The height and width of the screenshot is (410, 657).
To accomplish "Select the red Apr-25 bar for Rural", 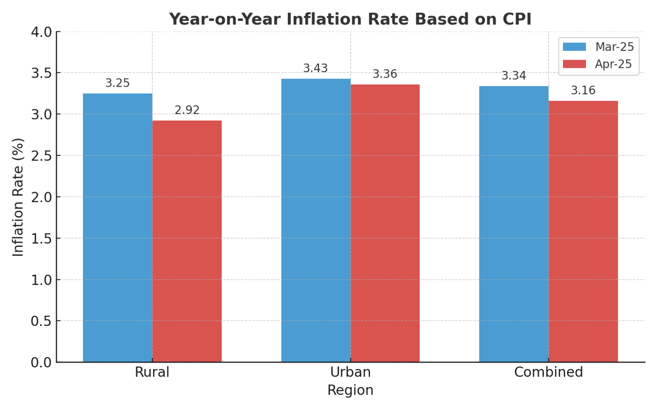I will (x=187, y=241).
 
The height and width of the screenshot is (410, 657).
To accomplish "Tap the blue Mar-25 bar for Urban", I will (x=316, y=220).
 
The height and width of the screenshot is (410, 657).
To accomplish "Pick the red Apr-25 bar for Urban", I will (x=385, y=223).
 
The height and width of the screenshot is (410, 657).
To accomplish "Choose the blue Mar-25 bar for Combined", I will (x=514, y=224).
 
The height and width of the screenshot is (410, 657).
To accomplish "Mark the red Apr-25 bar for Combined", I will (x=583, y=231).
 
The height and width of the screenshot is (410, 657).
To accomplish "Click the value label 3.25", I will (x=118, y=83).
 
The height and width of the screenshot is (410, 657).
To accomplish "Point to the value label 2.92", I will (x=187, y=110).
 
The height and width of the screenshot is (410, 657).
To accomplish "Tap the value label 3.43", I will (x=316, y=68).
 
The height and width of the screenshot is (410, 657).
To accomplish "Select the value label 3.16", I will (x=583, y=91).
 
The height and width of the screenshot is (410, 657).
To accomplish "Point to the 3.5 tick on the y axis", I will (x=41, y=73).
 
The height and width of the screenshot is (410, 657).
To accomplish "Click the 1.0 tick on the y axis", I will (x=41, y=280).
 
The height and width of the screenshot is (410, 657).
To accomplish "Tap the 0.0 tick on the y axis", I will (x=41, y=363).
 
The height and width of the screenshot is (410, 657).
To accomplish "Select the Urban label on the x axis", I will (x=350, y=372).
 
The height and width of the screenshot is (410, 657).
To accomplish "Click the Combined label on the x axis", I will (x=548, y=372).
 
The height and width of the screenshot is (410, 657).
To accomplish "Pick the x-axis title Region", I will (x=350, y=390).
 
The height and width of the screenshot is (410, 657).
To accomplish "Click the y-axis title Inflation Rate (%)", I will (x=18, y=197).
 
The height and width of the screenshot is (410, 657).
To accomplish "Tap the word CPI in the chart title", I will (x=517, y=20).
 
